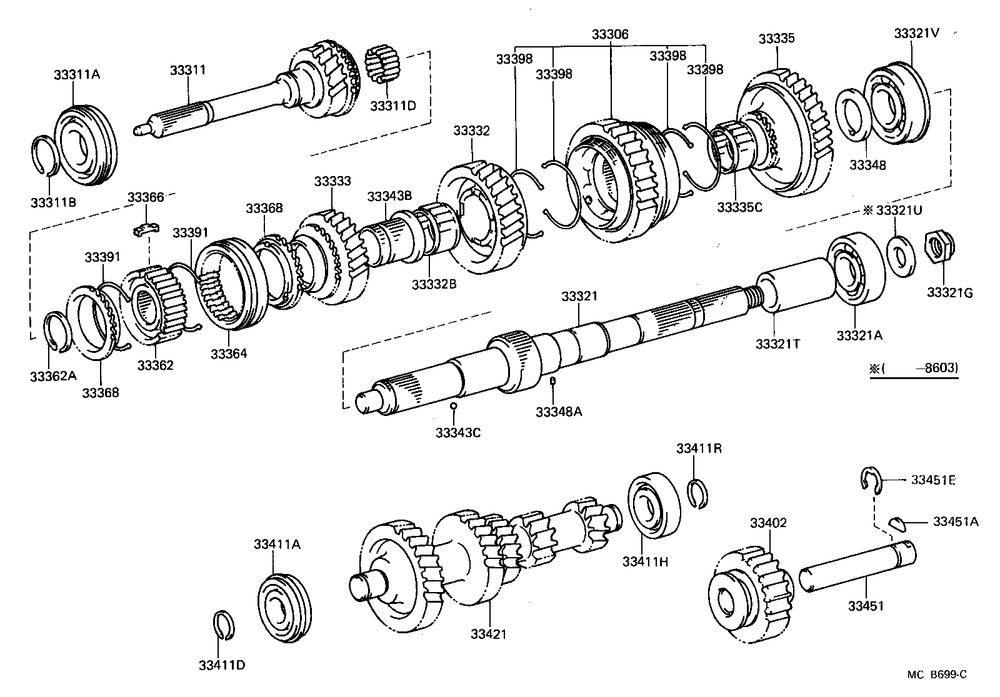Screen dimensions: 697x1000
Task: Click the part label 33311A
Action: pos(77,74)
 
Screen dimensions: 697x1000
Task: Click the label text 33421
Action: pos(488,635)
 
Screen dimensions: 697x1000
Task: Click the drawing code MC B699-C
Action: pos(937,674)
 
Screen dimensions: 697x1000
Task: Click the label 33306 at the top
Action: pos(610,34)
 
